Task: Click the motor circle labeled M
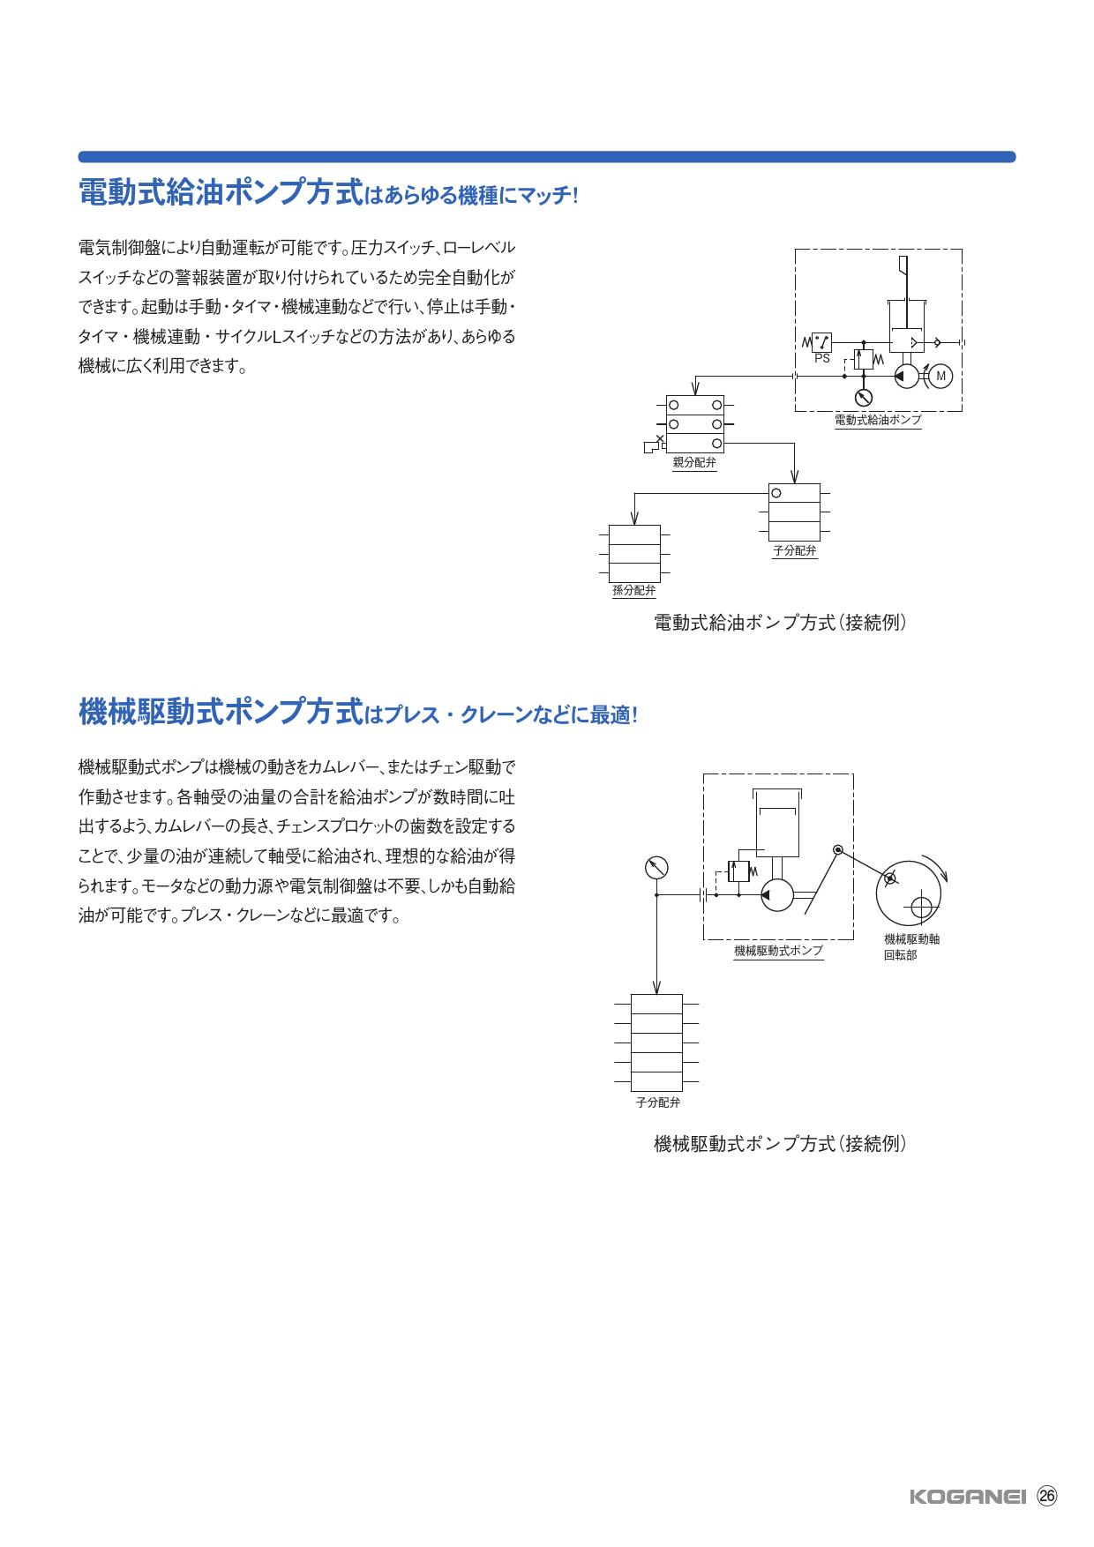point(940,377)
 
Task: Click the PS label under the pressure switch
point(821,359)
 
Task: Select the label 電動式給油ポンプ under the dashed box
point(878,420)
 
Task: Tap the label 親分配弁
point(694,462)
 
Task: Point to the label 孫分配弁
point(633,591)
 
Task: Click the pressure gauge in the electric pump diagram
point(864,396)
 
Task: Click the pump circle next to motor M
point(905,377)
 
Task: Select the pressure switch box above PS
point(821,341)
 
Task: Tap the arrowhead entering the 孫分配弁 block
point(633,519)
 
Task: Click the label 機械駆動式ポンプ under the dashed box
point(778,951)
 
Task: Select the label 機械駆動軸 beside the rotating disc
point(911,939)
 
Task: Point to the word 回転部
point(900,954)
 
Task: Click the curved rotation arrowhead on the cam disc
point(947,875)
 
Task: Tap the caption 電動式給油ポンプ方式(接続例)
point(780,623)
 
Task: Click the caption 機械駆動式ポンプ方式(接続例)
point(780,1144)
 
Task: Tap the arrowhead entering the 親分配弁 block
point(695,390)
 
